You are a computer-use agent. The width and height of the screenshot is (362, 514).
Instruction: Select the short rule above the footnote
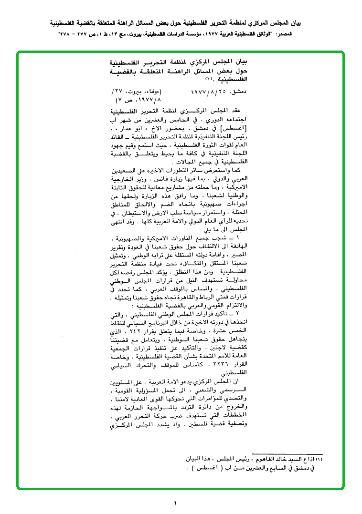287,454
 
